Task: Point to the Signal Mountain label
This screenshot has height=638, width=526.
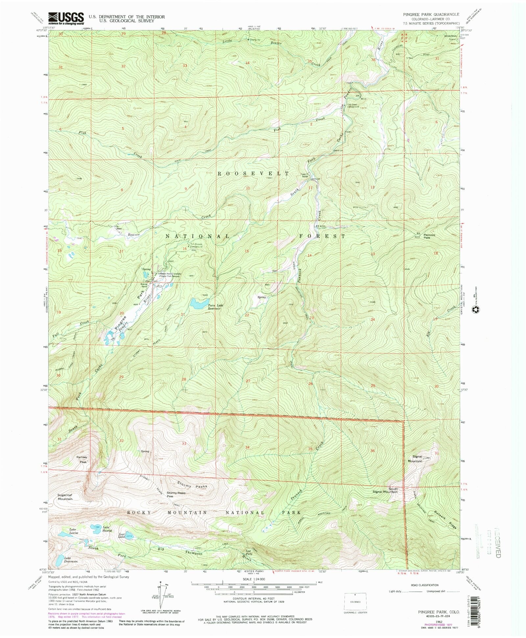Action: coord(415,459)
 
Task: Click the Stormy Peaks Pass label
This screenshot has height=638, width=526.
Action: coord(176,494)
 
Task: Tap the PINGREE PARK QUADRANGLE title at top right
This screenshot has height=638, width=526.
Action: coord(431,15)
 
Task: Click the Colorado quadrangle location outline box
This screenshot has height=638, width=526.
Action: coord(355,602)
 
